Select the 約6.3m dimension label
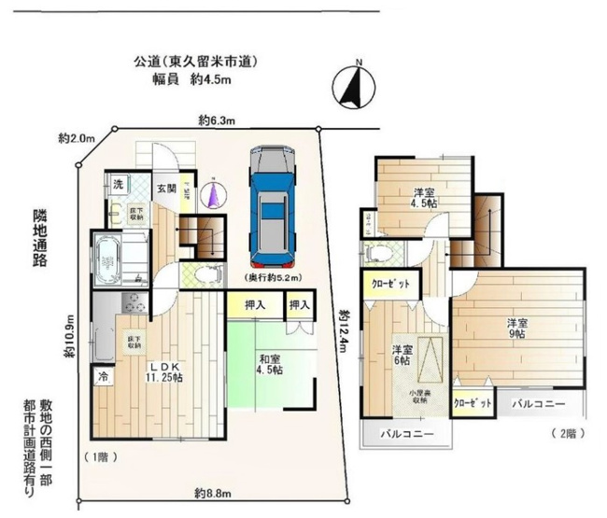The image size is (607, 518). point(217,120)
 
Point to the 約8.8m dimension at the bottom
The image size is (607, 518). point(214,492)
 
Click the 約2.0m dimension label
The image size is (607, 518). point(77,138)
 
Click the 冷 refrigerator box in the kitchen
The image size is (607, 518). point(100,377)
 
